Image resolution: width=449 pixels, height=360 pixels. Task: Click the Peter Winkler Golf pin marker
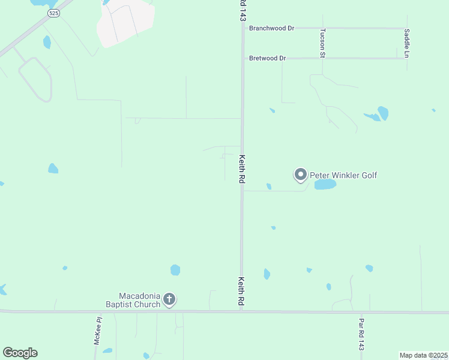tap(301, 175)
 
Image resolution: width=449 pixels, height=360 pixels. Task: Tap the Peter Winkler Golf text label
tap(343, 175)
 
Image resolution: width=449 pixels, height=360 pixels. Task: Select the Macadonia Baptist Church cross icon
tap(170, 299)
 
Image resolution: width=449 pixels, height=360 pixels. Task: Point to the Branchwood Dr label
tap(272, 28)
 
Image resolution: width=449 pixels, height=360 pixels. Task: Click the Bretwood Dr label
tap(268, 58)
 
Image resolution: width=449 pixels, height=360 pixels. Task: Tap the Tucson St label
tap(322, 43)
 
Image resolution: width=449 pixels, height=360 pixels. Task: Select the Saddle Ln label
tap(406, 43)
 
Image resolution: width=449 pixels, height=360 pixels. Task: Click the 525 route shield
tap(54, 13)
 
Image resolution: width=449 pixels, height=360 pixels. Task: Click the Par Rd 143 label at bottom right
tap(361, 335)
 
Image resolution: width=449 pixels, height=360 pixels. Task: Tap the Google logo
tap(20, 353)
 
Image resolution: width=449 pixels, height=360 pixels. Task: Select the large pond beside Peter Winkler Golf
tap(325, 184)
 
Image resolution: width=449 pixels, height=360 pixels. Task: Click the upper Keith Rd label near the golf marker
tap(242, 169)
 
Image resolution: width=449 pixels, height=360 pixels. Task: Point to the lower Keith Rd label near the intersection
tap(241, 292)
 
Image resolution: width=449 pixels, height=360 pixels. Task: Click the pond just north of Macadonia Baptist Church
tap(175, 270)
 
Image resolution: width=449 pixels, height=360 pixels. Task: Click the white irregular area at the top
tap(126, 23)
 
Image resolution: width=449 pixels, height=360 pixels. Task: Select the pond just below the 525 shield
tap(47, 42)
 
